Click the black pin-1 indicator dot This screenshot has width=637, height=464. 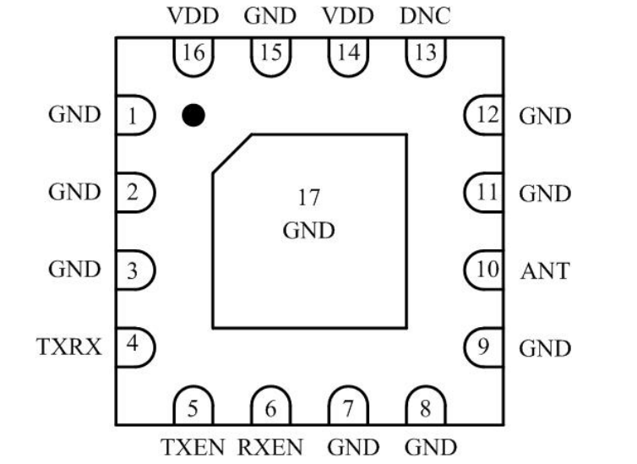[x=193, y=115]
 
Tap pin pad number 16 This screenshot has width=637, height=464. [x=193, y=54]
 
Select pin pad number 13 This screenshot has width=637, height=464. [x=426, y=54]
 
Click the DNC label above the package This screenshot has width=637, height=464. [x=426, y=16]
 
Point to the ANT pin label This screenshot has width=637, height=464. [x=545, y=271]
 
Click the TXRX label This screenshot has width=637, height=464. [x=69, y=346]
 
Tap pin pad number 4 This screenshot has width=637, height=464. [x=133, y=346]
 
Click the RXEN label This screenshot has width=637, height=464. [x=270, y=446]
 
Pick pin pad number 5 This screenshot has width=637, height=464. [x=193, y=409]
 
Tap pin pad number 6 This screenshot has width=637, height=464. [x=270, y=409]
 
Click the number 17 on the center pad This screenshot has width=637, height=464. [x=308, y=199]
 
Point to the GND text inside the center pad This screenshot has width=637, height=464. [x=308, y=230]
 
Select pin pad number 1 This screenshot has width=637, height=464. [x=133, y=116]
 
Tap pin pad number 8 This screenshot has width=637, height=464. [x=426, y=409]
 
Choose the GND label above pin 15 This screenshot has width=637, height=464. [x=270, y=16]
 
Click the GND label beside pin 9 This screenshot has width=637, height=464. [x=545, y=348]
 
